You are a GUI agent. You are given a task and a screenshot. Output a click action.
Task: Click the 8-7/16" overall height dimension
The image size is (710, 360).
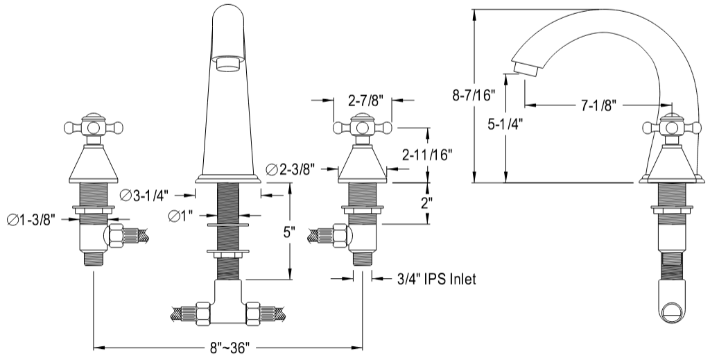pos(474,96)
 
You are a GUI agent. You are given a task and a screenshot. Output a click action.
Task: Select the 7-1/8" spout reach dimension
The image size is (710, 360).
pos(599,106)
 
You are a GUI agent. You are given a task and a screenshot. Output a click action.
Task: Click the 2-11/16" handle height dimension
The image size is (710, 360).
pos(427,155)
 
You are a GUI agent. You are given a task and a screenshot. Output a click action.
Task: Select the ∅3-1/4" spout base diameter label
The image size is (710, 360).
pos(144,195)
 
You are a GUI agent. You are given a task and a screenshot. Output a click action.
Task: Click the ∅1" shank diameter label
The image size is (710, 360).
pos(180,216)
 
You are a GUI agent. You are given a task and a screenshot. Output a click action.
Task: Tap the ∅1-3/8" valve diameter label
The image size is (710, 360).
pos(31,220)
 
